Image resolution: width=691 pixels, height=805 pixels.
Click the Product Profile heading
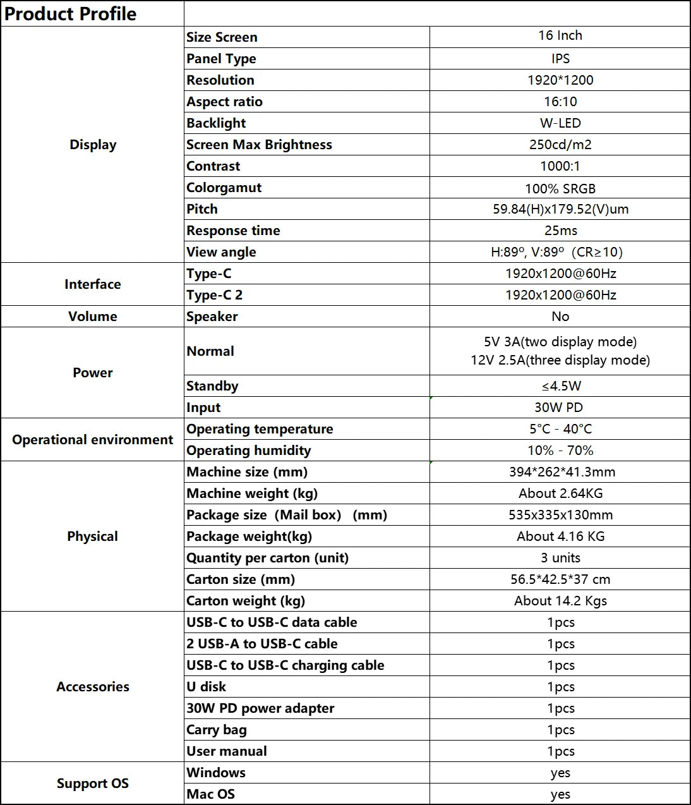[x=70, y=14]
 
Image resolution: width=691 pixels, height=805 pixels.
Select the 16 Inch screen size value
[x=560, y=36]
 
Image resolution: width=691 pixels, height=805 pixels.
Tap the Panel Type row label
[x=221, y=59]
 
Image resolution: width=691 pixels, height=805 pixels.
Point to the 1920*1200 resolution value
[x=560, y=80]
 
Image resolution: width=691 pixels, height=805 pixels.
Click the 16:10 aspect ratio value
[x=560, y=102]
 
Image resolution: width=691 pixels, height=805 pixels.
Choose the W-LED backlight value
[x=560, y=123]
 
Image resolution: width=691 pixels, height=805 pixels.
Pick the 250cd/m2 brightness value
[x=560, y=145]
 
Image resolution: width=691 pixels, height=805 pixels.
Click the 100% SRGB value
[x=560, y=188]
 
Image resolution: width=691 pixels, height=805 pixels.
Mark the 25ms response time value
[x=560, y=231]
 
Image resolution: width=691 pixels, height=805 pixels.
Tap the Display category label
[x=93, y=145]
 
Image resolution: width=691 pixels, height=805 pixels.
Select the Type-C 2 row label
[x=214, y=295]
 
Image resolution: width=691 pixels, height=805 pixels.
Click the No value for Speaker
[x=560, y=317]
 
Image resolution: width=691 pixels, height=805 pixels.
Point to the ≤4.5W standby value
[x=560, y=386]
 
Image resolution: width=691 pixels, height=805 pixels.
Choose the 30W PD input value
[x=558, y=408]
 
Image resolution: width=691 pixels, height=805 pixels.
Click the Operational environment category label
[x=92, y=440]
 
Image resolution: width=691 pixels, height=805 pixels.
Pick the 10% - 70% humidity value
[x=560, y=451]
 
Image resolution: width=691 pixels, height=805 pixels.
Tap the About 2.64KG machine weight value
[x=560, y=493]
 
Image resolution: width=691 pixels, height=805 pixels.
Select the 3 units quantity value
[x=560, y=558]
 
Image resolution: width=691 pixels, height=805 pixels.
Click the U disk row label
[x=206, y=687]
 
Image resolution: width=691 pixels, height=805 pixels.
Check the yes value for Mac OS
[x=560, y=794]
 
